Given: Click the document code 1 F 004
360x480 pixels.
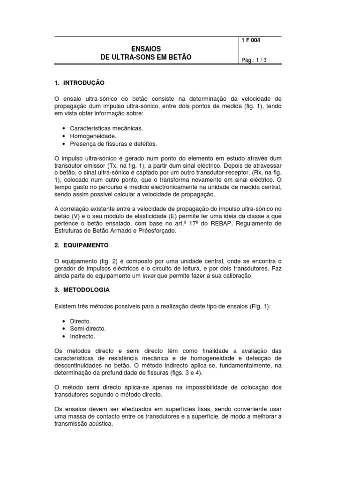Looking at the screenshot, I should [x=251, y=41].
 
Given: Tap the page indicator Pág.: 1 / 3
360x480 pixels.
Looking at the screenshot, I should [x=254, y=60].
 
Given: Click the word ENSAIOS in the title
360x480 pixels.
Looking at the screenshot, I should [x=146, y=48].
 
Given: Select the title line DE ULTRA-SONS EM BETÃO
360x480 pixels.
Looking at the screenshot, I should [x=146, y=57].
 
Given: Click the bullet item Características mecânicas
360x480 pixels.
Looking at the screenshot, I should [x=106, y=128].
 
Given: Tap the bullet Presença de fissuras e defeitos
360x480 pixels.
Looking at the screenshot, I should [x=113, y=143].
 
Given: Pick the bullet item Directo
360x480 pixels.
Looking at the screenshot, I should [x=80, y=321].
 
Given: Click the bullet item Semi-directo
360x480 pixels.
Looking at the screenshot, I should [x=88, y=329].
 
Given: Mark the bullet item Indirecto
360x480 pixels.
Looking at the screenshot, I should [x=82, y=336].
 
